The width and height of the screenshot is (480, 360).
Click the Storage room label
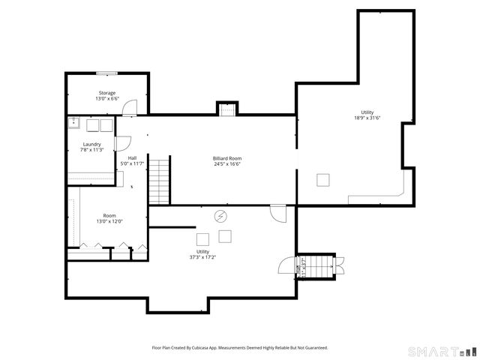tap(106, 93)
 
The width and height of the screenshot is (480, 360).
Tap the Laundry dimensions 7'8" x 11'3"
tap(91, 150)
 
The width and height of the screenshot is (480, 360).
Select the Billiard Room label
tap(227, 158)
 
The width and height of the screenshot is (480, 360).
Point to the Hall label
tap(132, 158)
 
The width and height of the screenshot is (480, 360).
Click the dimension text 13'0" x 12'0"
tap(109, 221)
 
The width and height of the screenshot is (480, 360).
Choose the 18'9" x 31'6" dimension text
tap(367, 118)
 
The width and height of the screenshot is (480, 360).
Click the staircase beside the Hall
tap(160, 180)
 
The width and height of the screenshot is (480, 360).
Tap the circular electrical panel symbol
tap(220, 216)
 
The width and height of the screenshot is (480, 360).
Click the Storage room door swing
tap(130, 108)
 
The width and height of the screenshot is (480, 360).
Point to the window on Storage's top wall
tap(106, 73)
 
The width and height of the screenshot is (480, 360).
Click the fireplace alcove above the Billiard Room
tap(227, 109)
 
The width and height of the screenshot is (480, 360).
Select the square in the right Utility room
tap(323, 180)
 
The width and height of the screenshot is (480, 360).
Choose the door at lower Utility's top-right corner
tap(277, 213)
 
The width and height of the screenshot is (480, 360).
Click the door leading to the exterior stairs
tap(286, 265)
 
